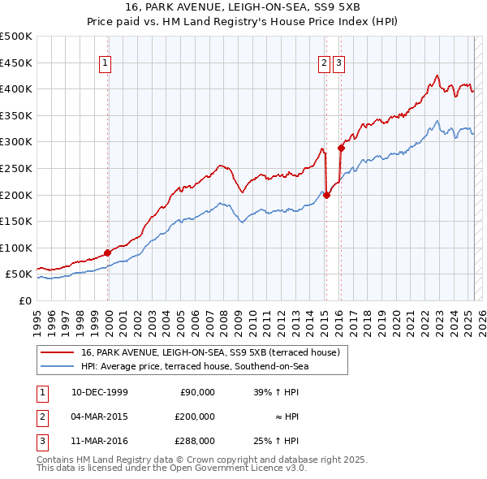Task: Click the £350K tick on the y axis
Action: [16, 116]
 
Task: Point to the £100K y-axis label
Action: [16, 248]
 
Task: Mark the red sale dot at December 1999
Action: [108, 252]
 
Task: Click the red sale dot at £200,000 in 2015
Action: [326, 195]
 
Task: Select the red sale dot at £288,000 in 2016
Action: [341, 148]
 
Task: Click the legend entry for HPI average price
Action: [195, 366]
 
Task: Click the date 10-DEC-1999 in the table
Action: [100, 392]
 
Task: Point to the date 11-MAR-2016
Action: [100, 441]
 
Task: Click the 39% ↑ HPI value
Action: [276, 392]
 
